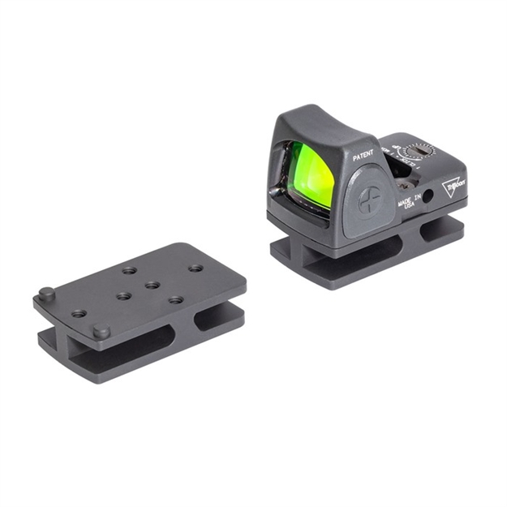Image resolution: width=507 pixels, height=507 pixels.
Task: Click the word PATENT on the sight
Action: [x=363, y=155]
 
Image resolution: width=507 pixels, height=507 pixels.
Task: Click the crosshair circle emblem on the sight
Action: [x=370, y=200]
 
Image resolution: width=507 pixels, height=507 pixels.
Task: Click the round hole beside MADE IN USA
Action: [x=427, y=195]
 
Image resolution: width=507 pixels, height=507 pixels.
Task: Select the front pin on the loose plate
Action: [x=101, y=331]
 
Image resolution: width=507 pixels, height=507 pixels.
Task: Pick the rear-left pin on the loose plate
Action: [x=47, y=294]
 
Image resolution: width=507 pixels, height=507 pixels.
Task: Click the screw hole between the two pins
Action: [x=79, y=313]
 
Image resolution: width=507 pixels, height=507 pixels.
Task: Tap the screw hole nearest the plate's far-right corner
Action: [x=195, y=268]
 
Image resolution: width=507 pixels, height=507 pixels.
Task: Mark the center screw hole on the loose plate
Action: [x=151, y=286]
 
